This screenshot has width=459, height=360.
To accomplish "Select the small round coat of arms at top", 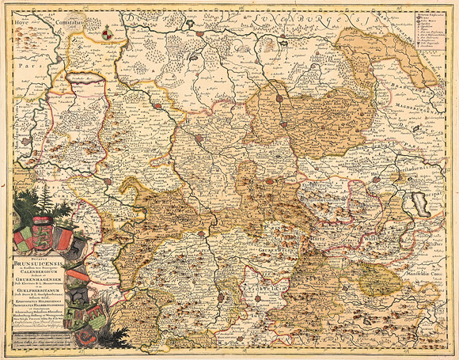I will click(107, 32).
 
